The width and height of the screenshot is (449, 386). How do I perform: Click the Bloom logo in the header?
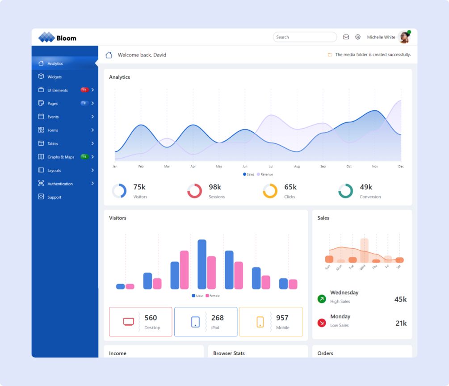57,38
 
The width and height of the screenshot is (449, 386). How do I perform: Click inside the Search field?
305,37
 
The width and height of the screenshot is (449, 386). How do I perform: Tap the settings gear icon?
358,37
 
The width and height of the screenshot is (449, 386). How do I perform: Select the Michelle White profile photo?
404,37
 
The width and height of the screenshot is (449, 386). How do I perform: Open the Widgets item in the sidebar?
55,77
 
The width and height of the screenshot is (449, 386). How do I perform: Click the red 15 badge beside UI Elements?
84,90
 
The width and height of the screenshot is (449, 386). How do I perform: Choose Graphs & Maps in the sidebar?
61,157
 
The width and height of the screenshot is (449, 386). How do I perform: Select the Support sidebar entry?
55,197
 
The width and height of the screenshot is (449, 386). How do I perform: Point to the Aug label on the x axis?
297,166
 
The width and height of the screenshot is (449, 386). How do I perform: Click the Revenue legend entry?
265,174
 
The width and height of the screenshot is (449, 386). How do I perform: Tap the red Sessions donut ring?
194,191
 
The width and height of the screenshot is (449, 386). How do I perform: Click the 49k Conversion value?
366,187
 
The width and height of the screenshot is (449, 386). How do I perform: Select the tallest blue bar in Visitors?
202,264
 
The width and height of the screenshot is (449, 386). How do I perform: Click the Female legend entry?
213,296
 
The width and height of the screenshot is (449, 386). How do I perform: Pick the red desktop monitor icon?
128,322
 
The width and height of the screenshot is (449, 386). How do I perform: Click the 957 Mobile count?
282,318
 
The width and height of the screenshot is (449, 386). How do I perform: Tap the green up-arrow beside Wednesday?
322,299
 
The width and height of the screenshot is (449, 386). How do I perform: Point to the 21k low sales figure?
401,323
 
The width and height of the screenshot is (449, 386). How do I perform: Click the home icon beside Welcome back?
109,55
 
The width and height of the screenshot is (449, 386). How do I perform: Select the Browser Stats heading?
229,353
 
